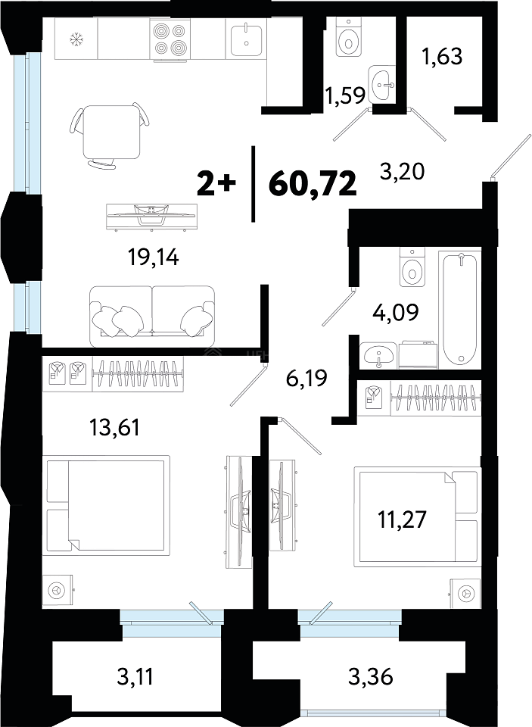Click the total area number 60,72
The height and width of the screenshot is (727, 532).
coord(313,184)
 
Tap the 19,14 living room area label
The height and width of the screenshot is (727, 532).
coord(154,257)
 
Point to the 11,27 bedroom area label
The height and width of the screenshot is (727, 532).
coord(401,519)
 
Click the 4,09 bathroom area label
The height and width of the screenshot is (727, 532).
coord(396,312)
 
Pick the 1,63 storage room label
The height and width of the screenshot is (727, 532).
coord(442,57)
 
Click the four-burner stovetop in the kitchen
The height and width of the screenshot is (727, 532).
coord(170,39)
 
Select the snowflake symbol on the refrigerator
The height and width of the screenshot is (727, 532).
coord(74,39)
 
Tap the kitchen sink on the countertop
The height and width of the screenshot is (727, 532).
coord(246,39)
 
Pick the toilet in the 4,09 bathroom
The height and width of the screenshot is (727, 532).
coord(412,268)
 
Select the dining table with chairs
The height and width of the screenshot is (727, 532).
coord(110,135)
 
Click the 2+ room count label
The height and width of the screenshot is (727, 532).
coord(217,184)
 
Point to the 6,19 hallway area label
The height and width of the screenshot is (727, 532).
coord(306,378)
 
